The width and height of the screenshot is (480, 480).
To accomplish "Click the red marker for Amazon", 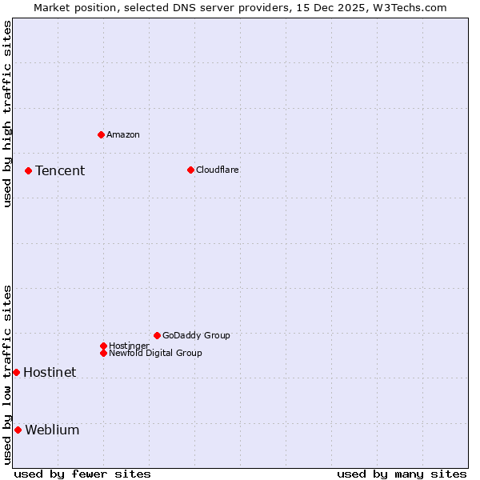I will point(101,134).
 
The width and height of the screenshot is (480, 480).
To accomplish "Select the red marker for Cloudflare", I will point(190,170).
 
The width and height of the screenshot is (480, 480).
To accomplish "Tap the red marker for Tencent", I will point(28,170).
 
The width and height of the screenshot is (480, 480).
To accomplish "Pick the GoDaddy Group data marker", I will point(157,335).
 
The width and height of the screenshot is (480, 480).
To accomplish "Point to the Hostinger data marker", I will point(103,346).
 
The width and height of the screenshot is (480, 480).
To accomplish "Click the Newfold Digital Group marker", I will point(103,353).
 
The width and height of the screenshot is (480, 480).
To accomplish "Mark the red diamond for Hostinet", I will point(16,372).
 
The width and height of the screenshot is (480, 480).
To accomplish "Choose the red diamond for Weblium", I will point(18,430).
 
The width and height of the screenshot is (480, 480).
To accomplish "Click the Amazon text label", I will point(123,134).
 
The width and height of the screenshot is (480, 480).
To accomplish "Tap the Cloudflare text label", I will point(218,170).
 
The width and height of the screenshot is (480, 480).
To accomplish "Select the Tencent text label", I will point(60,170).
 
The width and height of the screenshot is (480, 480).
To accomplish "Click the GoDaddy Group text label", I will point(196,335).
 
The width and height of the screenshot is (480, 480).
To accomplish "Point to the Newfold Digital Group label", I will point(155,353).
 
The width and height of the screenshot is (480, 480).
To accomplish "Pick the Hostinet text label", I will point(50,372).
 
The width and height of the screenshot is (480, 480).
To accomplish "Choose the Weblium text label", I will point(52,430).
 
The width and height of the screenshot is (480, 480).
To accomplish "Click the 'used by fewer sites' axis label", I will point(82,474).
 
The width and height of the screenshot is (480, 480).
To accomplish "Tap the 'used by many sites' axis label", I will point(402,474).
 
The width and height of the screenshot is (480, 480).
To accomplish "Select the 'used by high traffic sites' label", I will point(7,114).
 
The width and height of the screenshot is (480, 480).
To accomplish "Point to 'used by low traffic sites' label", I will point(7,374).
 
